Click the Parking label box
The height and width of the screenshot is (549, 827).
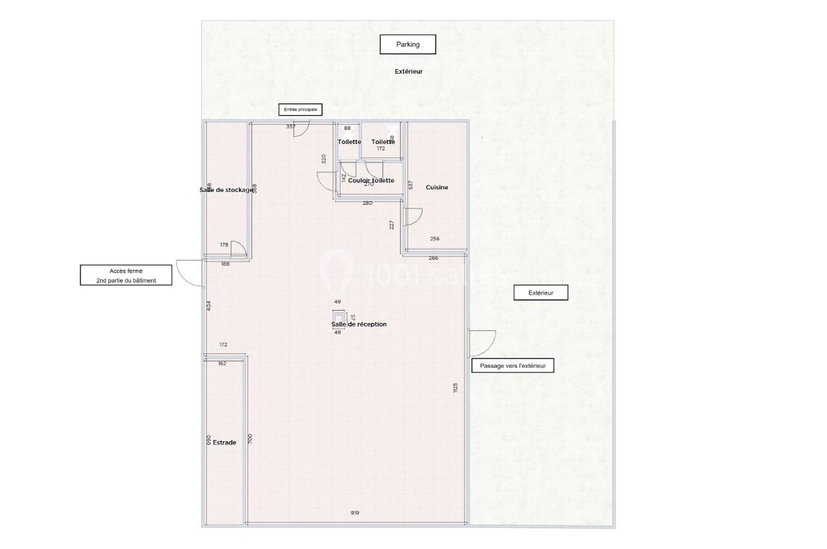pyautogui.click(x=408, y=45)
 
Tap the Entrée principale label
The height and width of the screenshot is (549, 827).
pyautogui.click(x=300, y=110)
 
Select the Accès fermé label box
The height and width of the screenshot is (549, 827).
pyautogui.click(x=127, y=275)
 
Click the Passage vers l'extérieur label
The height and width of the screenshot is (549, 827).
pyautogui.click(x=513, y=366)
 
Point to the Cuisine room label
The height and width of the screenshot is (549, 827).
pyautogui.click(x=437, y=187)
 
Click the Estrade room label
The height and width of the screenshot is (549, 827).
pyautogui.click(x=224, y=442)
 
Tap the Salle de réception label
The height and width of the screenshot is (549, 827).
pyautogui.click(x=359, y=324)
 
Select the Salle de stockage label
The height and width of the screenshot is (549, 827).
pyautogui.click(x=226, y=190)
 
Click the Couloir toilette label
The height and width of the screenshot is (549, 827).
pyautogui.click(x=371, y=180)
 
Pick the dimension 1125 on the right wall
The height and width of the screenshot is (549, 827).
pyautogui.click(x=455, y=388)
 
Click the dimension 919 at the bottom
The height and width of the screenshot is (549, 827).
pyautogui.click(x=355, y=513)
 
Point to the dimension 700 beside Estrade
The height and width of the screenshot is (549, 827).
pyautogui.click(x=250, y=439)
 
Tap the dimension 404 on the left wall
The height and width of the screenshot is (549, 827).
pyautogui.click(x=209, y=306)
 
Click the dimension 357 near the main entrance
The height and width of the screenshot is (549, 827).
pyautogui.click(x=291, y=127)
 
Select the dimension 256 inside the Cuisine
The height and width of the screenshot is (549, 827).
pyautogui.click(x=435, y=239)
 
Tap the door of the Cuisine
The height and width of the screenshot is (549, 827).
pyautogui.click(x=412, y=216)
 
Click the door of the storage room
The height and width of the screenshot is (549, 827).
pyautogui.click(x=238, y=249)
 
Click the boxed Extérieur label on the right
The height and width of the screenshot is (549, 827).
pyautogui.click(x=541, y=293)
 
